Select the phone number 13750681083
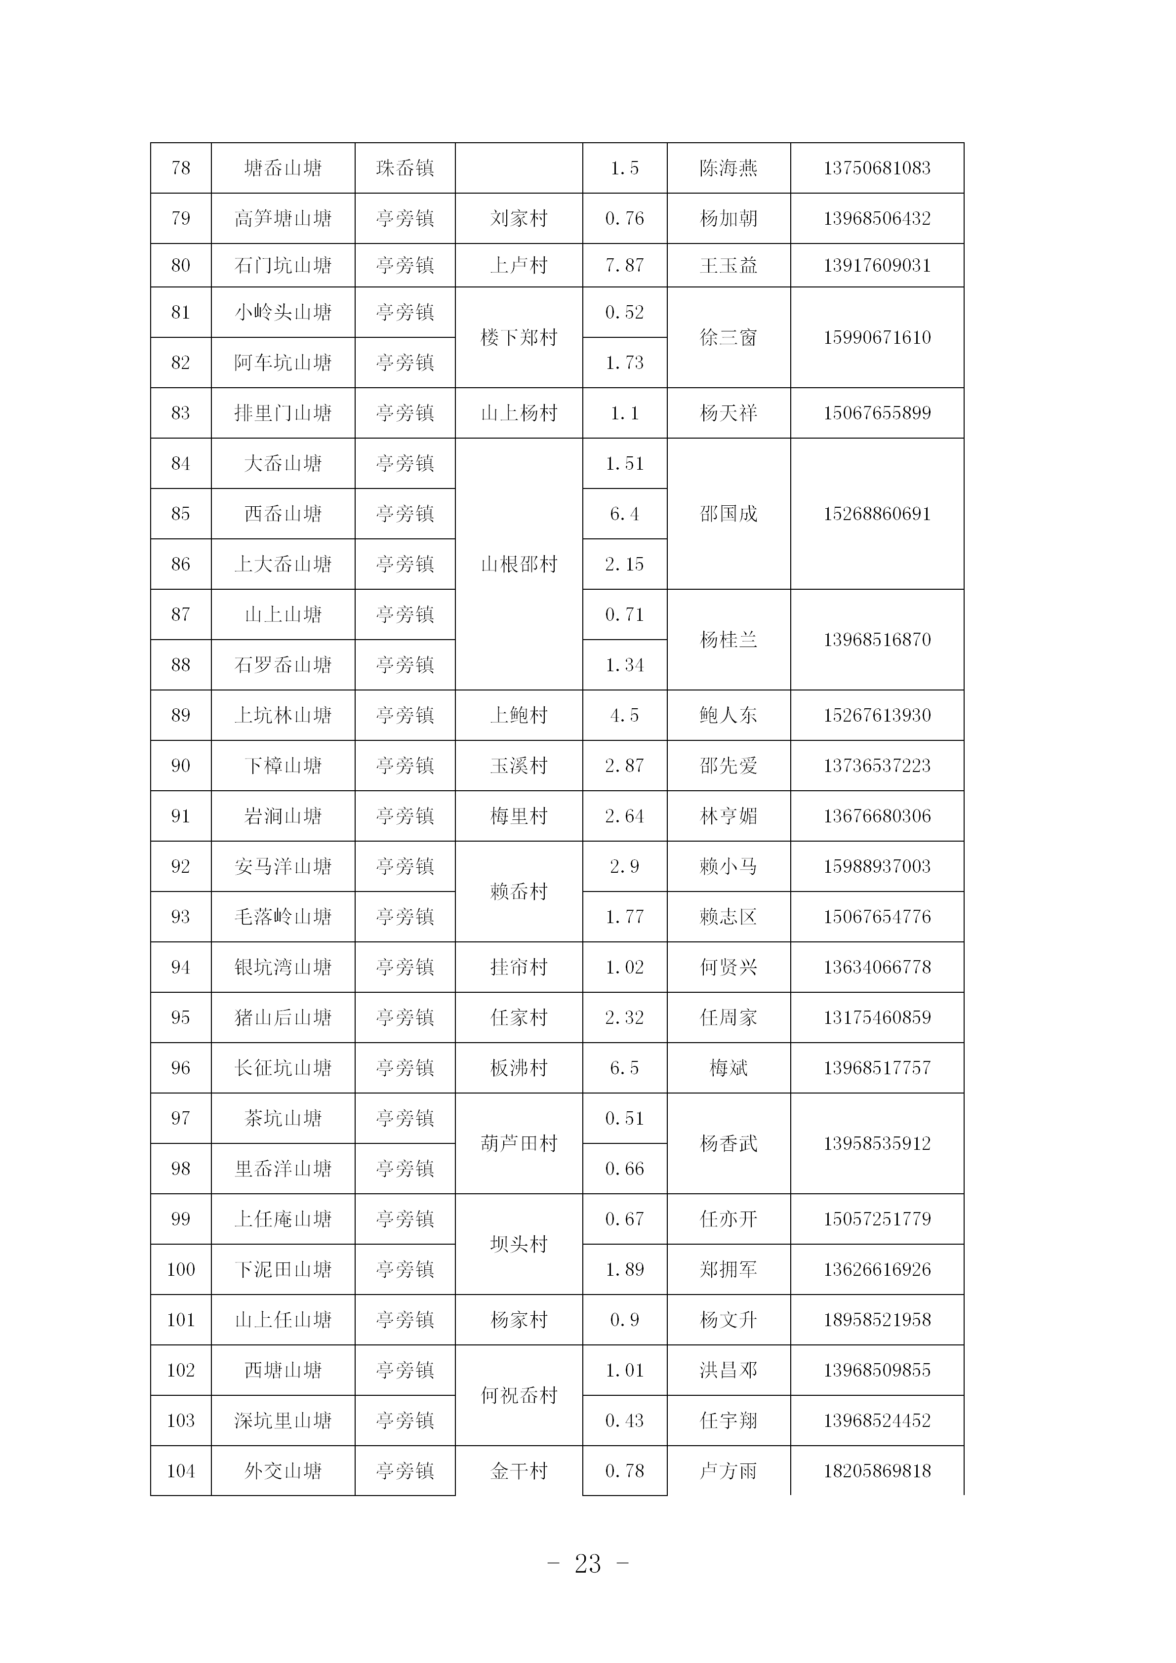(x=876, y=168)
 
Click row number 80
(x=180, y=265)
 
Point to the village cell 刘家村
(x=519, y=218)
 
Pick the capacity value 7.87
(x=624, y=265)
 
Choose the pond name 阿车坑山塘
(x=283, y=362)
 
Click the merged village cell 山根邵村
(x=519, y=564)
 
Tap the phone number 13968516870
(x=876, y=640)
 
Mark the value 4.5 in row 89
(x=624, y=715)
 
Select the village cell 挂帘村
(x=519, y=967)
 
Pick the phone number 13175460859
(x=876, y=1017)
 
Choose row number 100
(x=180, y=1269)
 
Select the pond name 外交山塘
(x=283, y=1470)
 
